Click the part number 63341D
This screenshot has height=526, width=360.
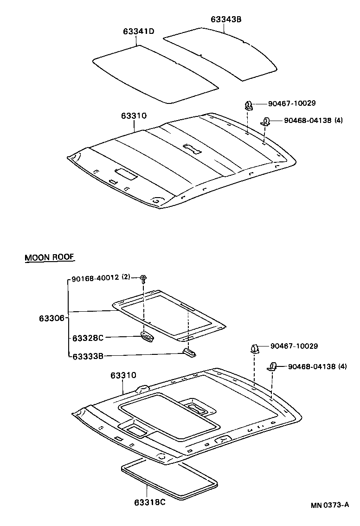138,32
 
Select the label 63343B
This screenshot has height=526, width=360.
226,19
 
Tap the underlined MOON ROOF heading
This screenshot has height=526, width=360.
50,257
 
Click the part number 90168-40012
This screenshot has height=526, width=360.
95,278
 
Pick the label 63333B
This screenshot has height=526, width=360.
88,356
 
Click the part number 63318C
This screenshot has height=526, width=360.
149,502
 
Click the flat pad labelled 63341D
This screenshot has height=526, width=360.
155,74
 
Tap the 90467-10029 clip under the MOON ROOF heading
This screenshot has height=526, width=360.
255,348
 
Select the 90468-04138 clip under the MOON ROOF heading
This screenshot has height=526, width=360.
272,367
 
